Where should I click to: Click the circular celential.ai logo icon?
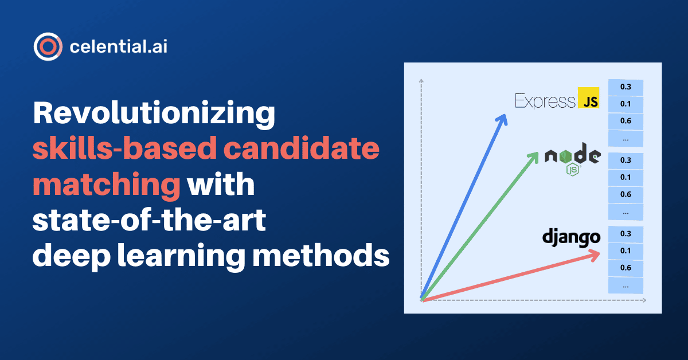(x=48, y=47)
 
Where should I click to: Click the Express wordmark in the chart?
(x=545, y=101)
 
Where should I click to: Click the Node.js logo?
(x=572, y=161)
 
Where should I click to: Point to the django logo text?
(x=571, y=236)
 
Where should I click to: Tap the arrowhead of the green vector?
(x=537, y=154)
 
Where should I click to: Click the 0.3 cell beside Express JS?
(x=626, y=87)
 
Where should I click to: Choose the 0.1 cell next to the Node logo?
(x=626, y=177)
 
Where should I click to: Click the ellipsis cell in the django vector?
(x=626, y=285)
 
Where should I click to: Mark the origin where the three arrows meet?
(x=422, y=299)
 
